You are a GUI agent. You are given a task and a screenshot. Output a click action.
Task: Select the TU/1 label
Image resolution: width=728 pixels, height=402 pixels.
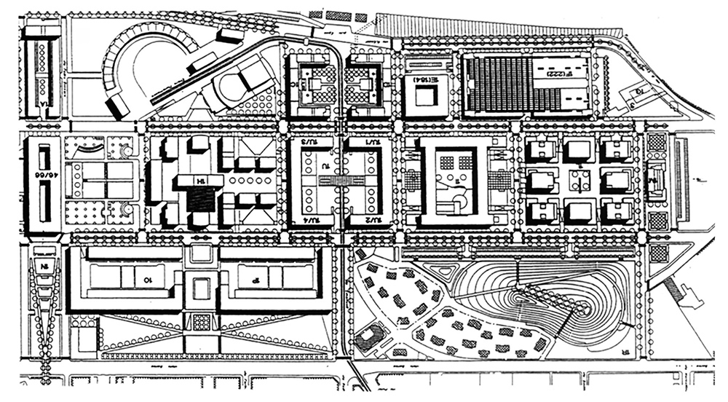point(373,143)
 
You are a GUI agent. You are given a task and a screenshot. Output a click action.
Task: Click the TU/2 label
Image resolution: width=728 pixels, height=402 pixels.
point(373,219)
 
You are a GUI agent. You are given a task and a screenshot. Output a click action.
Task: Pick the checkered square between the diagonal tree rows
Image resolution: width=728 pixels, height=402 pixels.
point(201,320)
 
